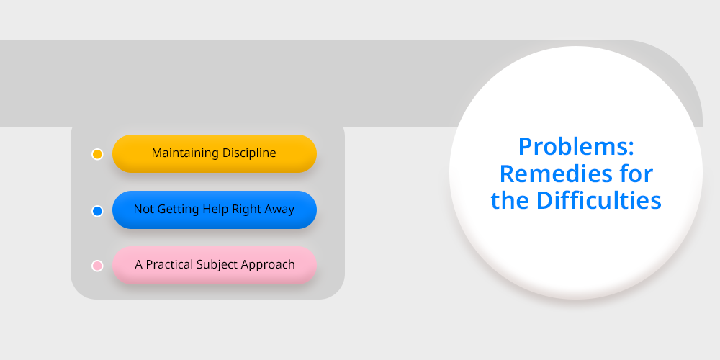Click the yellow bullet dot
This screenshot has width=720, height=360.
point(97,154)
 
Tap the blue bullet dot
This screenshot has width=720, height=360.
point(97,211)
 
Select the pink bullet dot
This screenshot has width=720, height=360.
point(97,266)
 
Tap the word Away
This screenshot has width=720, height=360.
point(279,210)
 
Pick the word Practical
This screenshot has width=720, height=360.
point(170,264)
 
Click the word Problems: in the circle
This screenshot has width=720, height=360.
point(576,147)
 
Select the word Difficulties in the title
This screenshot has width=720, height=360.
point(599,200)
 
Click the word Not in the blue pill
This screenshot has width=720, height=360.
point(144,210)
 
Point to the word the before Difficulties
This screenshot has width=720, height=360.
point(510,200)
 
